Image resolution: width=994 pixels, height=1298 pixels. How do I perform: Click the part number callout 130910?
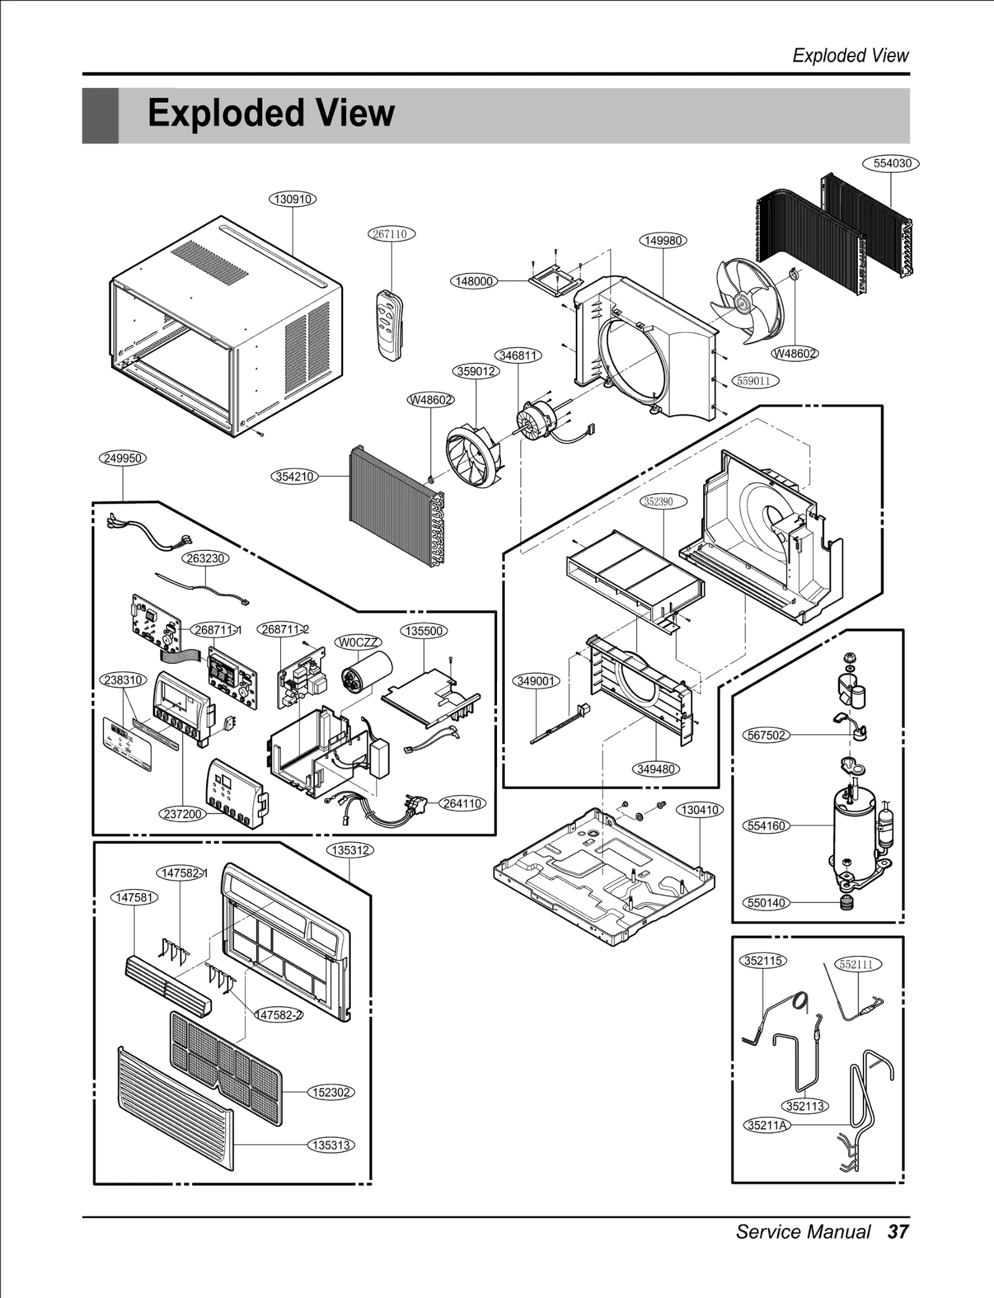pyautogui.click(x=293, y=199)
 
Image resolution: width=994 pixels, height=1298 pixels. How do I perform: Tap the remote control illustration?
pyautogui.click(x=390, y=324)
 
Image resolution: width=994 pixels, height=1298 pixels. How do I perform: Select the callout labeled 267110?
pyautogui.click(x=390, y=234)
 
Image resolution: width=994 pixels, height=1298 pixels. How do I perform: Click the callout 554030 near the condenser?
pyautogui.click(x=891, y=163)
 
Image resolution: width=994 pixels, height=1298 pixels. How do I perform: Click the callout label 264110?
pyautogui.click(x=462, y=804)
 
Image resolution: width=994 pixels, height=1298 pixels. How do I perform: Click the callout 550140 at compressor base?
pyautogui.click(x=766, y=902)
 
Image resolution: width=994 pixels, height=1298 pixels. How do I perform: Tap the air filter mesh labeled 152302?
pyautogui.click(x=226, y=1068)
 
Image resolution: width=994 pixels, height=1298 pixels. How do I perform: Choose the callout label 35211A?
pyautogui.click(x=767, y=1125)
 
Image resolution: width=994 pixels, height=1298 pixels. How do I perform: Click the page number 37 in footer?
pyautogui.click(x=898, y=1231)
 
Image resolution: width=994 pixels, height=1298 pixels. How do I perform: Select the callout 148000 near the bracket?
pyautogui.click(x=474, y=281)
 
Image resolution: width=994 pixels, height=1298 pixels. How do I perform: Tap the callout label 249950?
pyautogui.click(x=123, y=458)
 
